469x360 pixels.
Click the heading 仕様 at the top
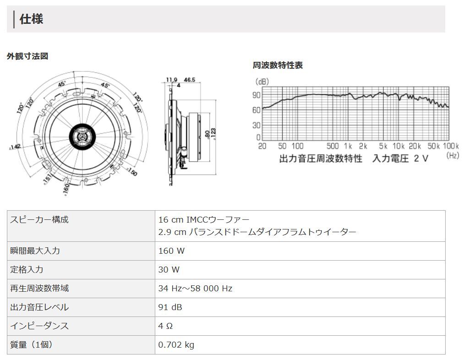31,19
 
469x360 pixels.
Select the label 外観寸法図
27,56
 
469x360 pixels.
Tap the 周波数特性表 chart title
278,65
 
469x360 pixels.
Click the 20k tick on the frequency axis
414,146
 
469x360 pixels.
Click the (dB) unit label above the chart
262,82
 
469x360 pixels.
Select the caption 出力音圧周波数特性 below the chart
321,158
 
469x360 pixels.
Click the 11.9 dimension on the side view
171,80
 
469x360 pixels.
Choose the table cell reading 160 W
171,251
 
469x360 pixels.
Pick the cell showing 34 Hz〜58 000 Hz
195,289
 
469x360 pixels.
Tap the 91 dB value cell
170,307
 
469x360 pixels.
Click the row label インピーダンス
39,326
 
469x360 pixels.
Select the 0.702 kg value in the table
176,345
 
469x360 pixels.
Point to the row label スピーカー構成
39,220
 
